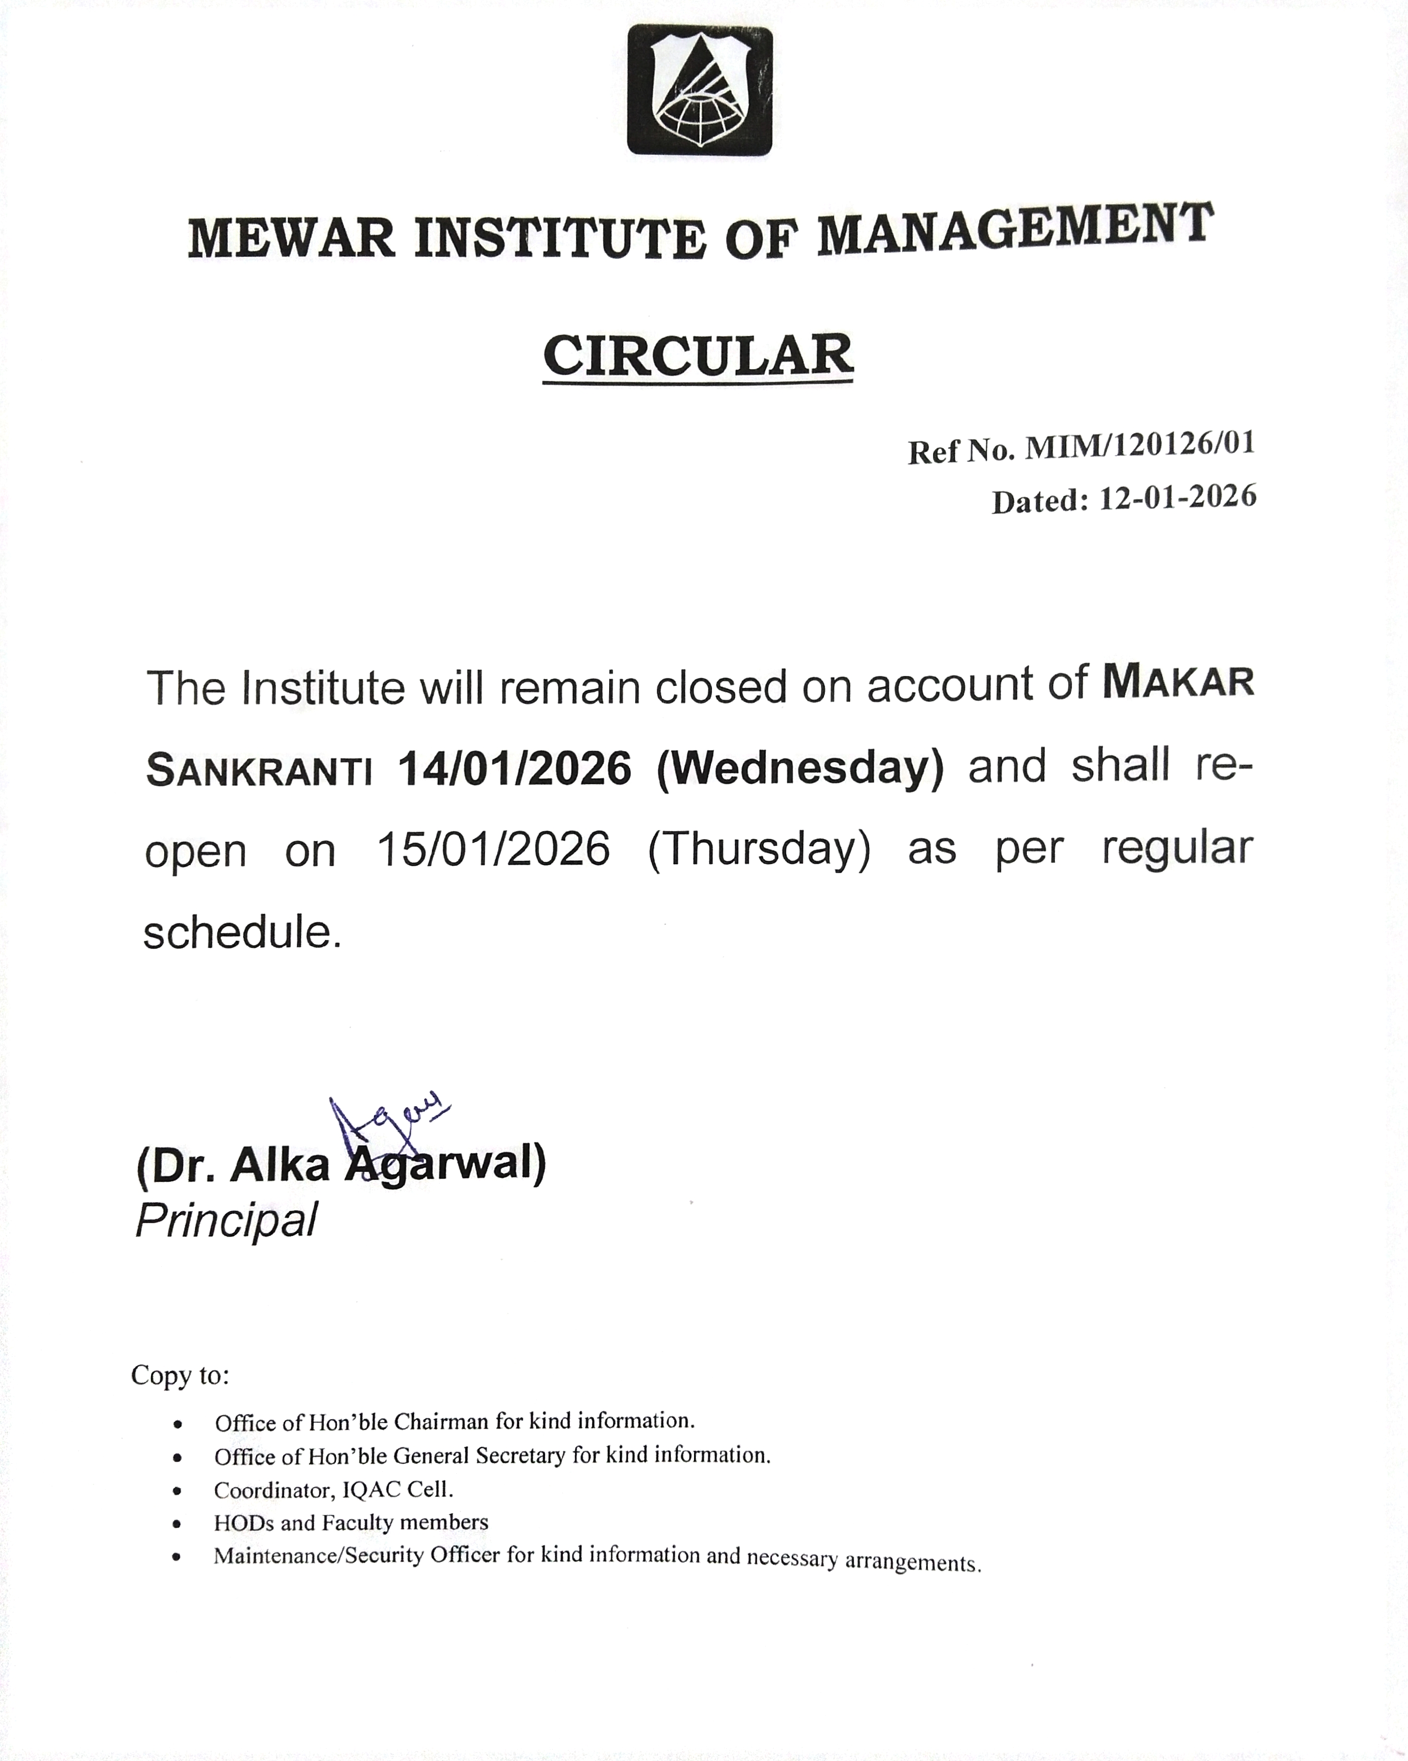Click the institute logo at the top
(699, 90)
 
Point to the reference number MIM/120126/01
(1139, 445)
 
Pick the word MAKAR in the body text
(1178, 682)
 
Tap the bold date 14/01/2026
(515, 769)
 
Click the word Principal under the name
(226, 1221)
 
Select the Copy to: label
(180, 1375)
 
